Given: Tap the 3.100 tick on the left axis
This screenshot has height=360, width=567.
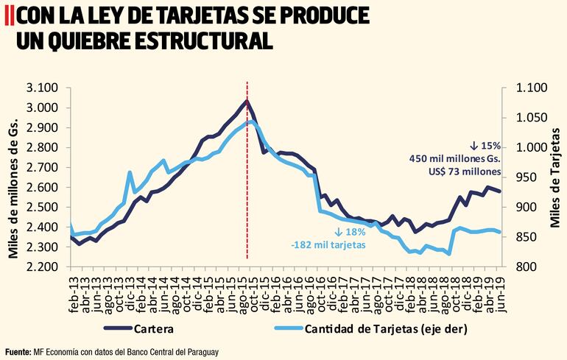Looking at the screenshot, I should [43, 88].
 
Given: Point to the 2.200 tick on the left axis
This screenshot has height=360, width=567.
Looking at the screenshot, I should [43, 267].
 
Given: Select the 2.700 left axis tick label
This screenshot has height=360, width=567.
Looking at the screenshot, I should [43, 167].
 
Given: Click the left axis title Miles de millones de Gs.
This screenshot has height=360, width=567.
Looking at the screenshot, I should [13, 177].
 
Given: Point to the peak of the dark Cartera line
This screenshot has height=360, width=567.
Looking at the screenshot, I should [247, 101].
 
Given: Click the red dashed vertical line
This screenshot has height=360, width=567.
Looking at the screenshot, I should [247, 184].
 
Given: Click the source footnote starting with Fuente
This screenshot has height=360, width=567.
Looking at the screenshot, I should [110, 351].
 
